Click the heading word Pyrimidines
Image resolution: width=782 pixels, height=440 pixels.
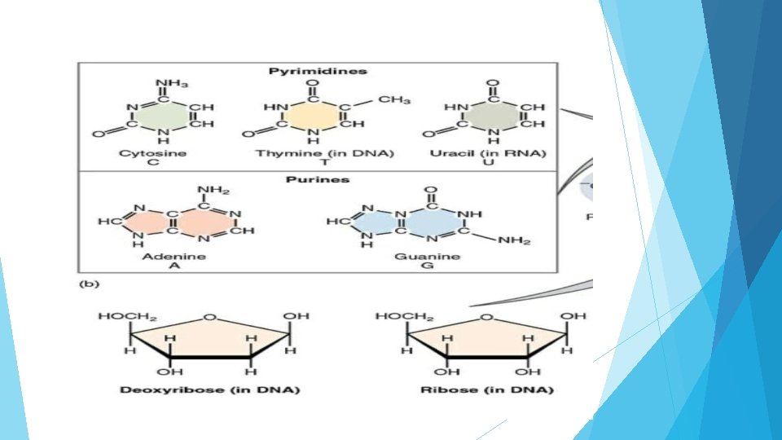click(x=318, y=71)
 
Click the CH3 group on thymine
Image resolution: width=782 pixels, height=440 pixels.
click(x=393, y=99)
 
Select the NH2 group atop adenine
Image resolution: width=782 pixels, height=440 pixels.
click(x=212, y=191)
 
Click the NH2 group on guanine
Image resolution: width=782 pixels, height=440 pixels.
click(x=515, y=240)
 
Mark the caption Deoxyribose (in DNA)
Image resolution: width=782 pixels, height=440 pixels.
click(x=209, y=389)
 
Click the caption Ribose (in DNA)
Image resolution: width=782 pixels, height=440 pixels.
click(x=486, y=389)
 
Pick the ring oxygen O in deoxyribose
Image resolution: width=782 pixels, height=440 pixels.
click(x=211, y=317)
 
